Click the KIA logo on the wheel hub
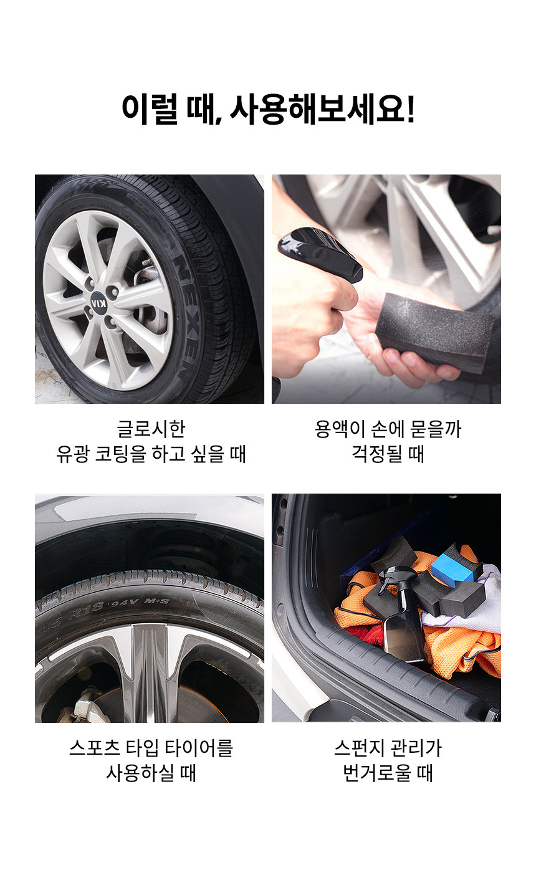coord(100,303)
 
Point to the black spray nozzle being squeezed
coord(320,256)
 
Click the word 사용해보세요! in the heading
coord(322,109)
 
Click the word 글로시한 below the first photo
coord(151,429)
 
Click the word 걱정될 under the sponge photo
coord(376,454)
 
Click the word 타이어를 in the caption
coord(199,748)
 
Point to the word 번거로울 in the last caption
coord(376,773)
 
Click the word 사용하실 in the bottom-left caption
coord(140,773)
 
